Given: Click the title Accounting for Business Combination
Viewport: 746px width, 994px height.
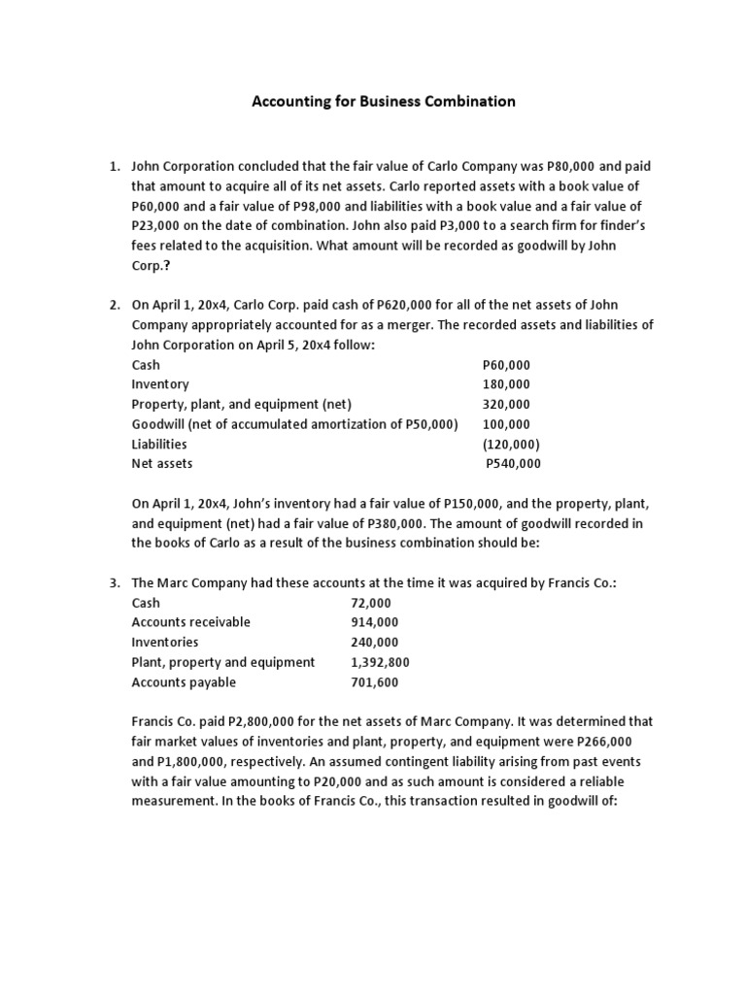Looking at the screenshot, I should point(384,101).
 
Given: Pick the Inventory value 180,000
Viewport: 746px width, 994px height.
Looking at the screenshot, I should point(507,384).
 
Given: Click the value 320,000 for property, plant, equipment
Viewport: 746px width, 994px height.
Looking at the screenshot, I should point(507,405).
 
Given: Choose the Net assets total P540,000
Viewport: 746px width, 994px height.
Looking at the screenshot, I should point(513,464).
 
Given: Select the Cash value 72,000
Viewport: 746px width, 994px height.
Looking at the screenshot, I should point(369,603).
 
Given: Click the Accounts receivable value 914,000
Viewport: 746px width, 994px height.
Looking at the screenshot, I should point(374,622).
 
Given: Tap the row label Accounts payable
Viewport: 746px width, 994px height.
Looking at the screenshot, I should point(184,682).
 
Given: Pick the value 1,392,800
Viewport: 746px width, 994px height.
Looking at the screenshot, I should point(380,662).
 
